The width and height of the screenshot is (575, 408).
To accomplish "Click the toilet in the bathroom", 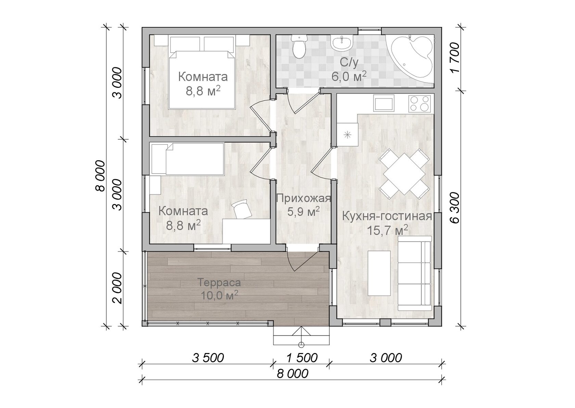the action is pos(299,46).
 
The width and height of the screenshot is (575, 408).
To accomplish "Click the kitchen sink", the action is pos(384,103).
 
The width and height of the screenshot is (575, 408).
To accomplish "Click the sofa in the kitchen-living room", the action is pos(415,273).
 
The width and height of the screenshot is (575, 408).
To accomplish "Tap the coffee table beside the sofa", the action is pos(379,273).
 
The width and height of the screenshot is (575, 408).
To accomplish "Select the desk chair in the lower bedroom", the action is pos(242,209).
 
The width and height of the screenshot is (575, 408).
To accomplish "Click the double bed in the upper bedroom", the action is pos(202,73).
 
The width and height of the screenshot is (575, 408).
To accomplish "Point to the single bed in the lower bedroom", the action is pos(188,159).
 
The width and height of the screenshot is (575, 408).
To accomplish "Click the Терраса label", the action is pos(219,283).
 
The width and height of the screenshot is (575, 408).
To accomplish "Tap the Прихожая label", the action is pos(304,198).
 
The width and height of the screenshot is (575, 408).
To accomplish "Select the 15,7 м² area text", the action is pos(387,230).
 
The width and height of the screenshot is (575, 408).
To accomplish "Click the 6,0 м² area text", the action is pos(348,76).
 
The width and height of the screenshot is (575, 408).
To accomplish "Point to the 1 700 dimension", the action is pos(455,58).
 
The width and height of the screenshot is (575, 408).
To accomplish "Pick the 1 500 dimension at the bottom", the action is pos(302,358).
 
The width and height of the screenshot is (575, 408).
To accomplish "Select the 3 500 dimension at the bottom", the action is pos(208,358).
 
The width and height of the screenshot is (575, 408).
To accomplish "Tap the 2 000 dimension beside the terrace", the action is pos(118,288).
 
